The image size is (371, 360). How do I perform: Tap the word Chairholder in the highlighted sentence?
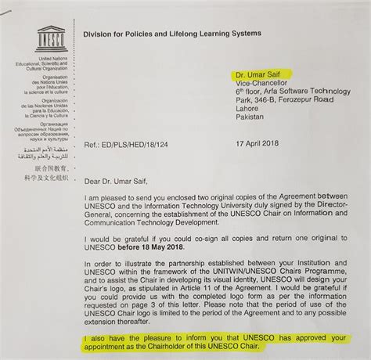point(185,346)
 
